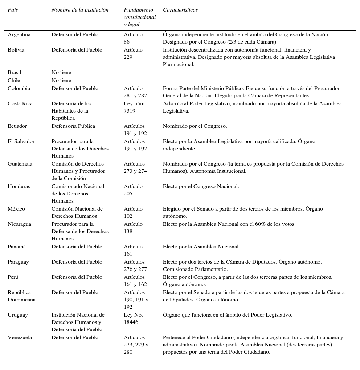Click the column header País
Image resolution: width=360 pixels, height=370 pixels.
(x=13, y=10)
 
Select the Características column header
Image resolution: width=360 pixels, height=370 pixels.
(x=180, y=10)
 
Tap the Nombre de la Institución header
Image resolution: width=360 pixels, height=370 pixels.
(x=80, y=10)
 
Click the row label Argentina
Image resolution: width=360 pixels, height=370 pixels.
(x=19, y=35)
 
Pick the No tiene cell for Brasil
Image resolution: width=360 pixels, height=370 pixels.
(x=61, y=73)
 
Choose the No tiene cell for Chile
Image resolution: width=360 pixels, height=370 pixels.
(x=61, y=81)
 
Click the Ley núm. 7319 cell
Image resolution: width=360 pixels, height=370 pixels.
(x=135, y=107)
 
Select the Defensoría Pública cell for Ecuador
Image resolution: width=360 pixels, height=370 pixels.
(x=73, y=126)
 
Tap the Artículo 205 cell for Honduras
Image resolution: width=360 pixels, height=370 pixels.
(x=133, y=190)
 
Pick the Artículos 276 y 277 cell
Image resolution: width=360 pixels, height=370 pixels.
(x=135, y=265)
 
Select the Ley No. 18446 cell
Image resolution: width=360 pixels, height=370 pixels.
(x=133, y=318)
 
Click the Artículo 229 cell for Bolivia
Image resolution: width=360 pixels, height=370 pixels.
(x=133, y=53)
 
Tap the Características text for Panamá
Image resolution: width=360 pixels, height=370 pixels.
(x=201, y=247)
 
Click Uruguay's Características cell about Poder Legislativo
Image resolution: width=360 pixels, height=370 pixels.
(x=228, y=315)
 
